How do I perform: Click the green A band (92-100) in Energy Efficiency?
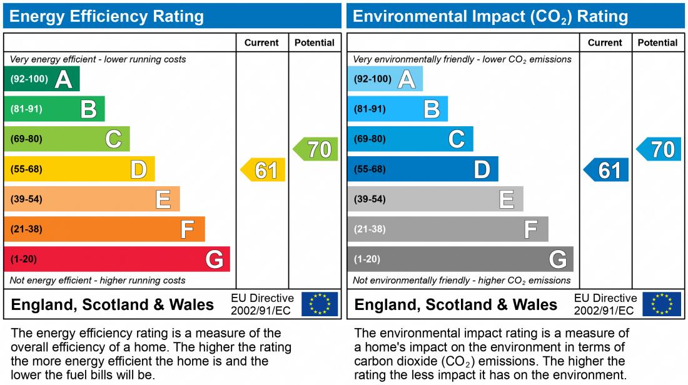tap(41, 79)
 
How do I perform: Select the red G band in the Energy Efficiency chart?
tap(117, 259)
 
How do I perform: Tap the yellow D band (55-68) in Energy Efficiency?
tap(79, 169)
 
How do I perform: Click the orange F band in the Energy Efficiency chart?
tap(104, 229)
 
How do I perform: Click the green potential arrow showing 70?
tap(316, 149)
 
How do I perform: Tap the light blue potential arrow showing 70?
tap(660, 149)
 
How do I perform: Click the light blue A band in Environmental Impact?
tap(385, 79)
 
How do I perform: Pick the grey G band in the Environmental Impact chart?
tap(460, 259)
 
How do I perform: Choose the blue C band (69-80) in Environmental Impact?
tap(410, 139)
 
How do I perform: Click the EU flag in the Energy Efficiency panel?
tap(320, 304)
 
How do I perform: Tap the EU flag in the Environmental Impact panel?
tap(662, 304)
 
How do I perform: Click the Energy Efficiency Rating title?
tap(106, 16)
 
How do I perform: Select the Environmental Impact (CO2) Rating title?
tap(490, 16)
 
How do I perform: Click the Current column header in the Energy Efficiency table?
tap(261, 42)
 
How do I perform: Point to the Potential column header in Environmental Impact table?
tap(657, 42)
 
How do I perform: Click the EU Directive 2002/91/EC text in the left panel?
tap(262, 304)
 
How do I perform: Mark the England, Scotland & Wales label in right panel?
tap(455, 305)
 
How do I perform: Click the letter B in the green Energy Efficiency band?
tap(88, 109)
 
